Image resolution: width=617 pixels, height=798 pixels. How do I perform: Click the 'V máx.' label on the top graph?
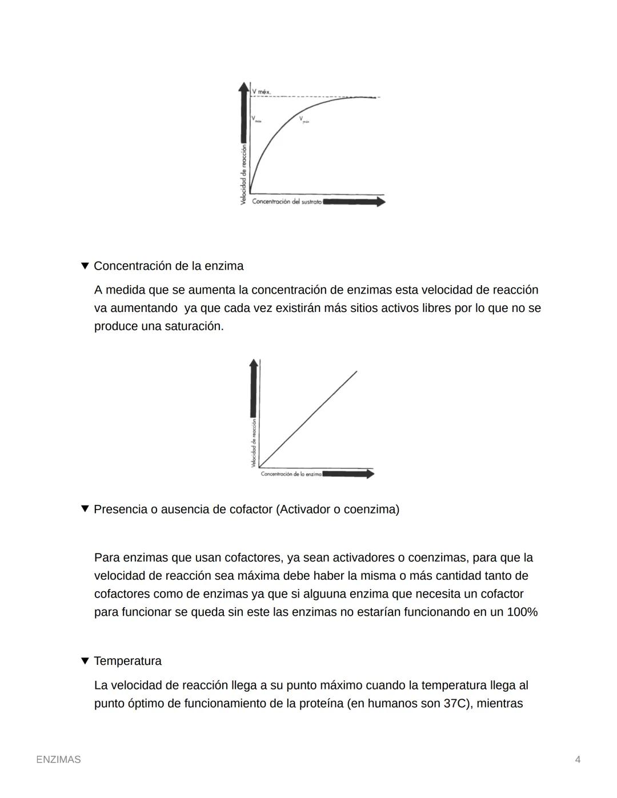[261, 91]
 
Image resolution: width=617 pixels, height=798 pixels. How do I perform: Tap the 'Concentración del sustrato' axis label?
[286, 202]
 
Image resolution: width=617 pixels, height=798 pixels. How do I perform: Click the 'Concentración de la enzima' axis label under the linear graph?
[291, 474]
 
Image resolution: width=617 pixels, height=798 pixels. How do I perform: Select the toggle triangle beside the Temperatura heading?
[85, 661]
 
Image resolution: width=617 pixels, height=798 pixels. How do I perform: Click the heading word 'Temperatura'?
[127, 661]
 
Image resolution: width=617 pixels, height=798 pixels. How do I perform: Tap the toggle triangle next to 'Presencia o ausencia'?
[85, 508]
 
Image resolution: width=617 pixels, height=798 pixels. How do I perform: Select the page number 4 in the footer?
[578, 760]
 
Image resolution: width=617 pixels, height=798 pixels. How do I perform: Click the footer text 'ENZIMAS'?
[58, 760]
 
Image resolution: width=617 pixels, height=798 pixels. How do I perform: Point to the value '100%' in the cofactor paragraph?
[522, 612]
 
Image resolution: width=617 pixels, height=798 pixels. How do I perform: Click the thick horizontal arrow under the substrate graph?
[354, 202]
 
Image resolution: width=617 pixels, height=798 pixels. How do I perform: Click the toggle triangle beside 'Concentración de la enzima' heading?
[85, 266]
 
